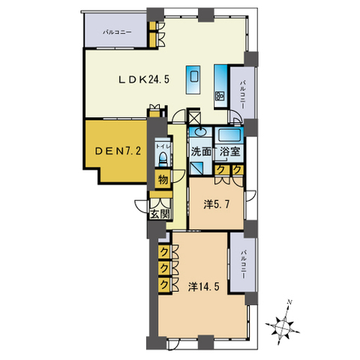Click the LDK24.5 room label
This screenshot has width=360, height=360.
coord(144,79)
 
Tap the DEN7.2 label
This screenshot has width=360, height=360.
coord(118,151)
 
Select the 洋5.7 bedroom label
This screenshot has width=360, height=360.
coord(216,205)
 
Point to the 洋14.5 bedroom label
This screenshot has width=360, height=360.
coord(204,286)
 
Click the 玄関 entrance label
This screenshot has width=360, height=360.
coord(160,214)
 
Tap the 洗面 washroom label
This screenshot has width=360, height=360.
coord(201,151)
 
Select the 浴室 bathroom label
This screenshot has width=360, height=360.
coord(229,151)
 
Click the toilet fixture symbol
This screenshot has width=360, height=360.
coord(163,158)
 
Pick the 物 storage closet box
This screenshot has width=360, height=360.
coord(163,179)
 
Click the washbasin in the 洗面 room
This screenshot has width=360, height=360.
coord(199,132)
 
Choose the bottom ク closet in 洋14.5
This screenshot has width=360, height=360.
coord(164,285)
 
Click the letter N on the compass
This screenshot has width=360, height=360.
coord(290,302)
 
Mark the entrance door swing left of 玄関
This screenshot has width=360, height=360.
coord(142,206)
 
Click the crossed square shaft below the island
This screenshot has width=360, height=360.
coord(194,117)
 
